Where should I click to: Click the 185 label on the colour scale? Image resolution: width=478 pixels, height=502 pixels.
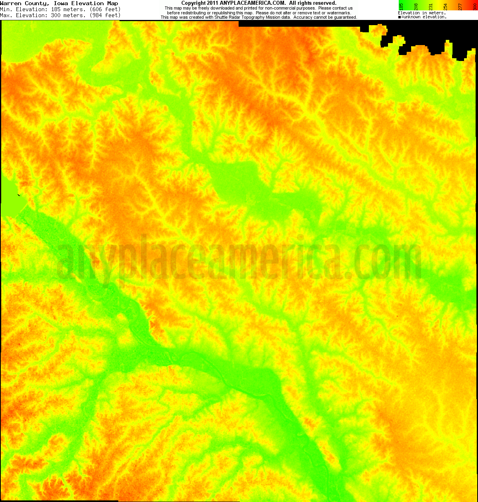tap(401, 6)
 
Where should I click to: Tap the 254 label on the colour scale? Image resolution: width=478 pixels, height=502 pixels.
tap(446, 6)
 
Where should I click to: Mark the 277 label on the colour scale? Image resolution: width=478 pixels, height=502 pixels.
tap(460, 6)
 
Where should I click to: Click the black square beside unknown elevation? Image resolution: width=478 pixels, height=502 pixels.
tap(400, 17)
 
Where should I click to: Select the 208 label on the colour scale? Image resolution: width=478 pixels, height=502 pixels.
tap(416, 6)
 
